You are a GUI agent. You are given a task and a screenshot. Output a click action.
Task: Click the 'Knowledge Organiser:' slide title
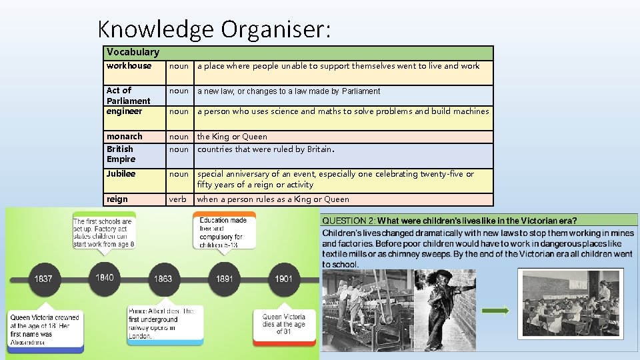214,29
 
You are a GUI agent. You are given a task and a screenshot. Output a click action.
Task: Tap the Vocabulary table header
133,52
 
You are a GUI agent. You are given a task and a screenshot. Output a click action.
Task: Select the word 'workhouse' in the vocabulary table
129,66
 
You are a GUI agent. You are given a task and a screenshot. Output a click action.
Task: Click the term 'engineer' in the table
125,111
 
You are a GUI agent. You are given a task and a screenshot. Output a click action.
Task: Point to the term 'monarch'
125,137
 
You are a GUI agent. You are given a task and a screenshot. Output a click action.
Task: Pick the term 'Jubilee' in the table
121,174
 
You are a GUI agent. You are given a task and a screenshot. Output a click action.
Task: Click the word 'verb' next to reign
178,199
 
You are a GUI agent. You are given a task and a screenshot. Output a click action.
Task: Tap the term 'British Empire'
121,154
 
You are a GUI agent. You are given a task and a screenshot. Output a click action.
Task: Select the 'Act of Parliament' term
128,95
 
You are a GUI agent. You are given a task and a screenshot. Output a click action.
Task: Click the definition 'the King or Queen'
232,137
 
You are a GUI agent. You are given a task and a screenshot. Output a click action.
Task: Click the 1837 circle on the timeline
43,278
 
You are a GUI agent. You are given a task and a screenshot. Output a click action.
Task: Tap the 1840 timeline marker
105,277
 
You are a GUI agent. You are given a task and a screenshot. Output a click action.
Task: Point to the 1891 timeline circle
225,278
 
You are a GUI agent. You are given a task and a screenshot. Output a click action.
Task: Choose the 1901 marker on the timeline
283,278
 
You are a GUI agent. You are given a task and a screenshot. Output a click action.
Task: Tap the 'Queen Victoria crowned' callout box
45,329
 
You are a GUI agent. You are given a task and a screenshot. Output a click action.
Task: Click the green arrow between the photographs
495,310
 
